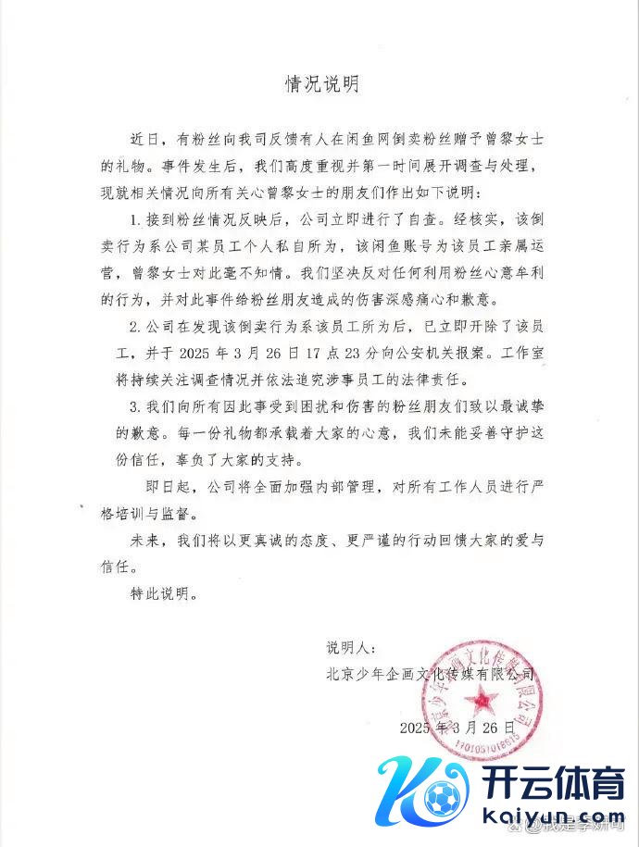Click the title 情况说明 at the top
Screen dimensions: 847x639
click(x=319, y=84)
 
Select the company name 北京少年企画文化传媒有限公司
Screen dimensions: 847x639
click(x=431, y=674)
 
